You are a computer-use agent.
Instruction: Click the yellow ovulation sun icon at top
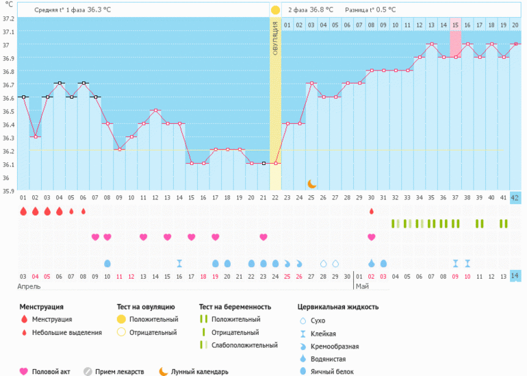(275, 10)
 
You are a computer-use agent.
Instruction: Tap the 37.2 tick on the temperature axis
(8, 18)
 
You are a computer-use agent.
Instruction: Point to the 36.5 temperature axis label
(8, 112)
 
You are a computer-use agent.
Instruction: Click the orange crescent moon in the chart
(311, 183)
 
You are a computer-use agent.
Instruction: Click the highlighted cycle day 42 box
(515, 198)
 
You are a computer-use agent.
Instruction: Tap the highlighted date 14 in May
(515, 276)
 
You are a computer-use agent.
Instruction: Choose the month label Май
(362, 286)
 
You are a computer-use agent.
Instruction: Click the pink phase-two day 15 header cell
(455, 25)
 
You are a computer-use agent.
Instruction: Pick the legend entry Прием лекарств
(120, 372)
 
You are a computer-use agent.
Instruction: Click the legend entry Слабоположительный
(242, 345)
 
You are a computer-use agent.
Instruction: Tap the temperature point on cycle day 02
(35, 137)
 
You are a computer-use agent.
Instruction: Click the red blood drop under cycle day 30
(371, 211)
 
